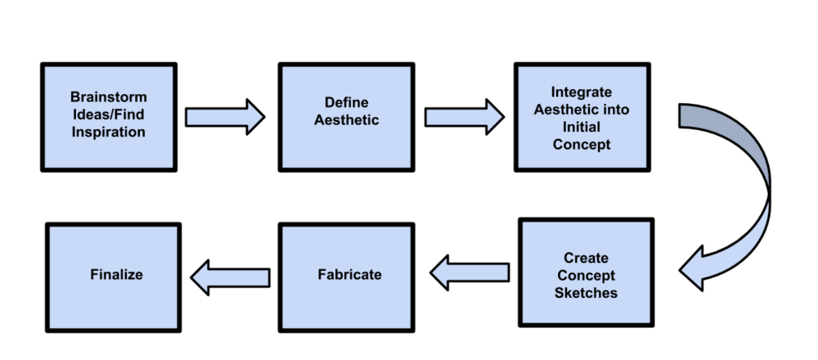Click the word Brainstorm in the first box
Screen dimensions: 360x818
(109, 97)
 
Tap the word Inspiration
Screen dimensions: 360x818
(109, 132)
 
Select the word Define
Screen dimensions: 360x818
(346, 103)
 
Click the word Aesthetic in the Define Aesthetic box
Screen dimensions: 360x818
(346, 120)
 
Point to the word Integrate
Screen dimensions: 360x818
(581, 92)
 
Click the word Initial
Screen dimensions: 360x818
(581, 127)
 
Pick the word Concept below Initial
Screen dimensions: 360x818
(581, 144)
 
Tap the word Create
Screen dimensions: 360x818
(586, 259)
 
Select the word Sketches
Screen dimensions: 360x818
(586, 293)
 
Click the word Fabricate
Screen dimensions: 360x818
(349, 274)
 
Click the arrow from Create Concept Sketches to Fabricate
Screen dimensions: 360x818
(470, 272)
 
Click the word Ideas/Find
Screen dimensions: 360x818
(109, 115)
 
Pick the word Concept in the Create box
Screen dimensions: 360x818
(586, 276)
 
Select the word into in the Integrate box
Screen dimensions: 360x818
(618, 110)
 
